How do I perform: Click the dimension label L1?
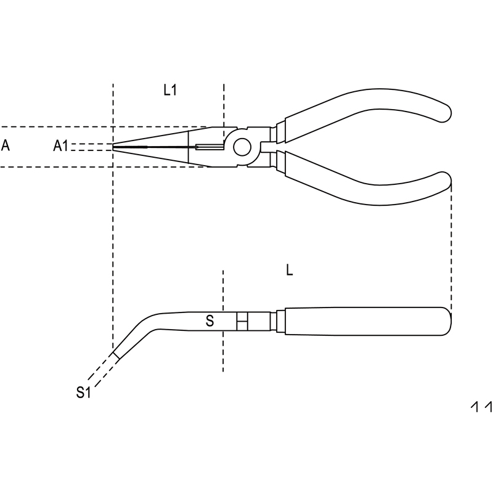point(170,90)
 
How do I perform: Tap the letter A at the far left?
point(6,145)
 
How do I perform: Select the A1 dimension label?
point(60,146)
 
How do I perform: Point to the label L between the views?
point(290,270)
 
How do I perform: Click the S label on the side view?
point(210,321)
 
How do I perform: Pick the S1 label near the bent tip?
point(83,393)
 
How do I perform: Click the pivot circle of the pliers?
point(242,147)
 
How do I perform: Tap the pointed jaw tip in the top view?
point(113,147)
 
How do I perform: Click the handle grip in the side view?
point(368,321)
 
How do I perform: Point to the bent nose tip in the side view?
point(116,356)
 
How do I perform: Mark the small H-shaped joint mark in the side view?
point(242,321)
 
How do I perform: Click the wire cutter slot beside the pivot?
point(210,147)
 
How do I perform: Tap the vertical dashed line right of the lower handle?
point(452,248)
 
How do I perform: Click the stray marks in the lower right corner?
point(481,406)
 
